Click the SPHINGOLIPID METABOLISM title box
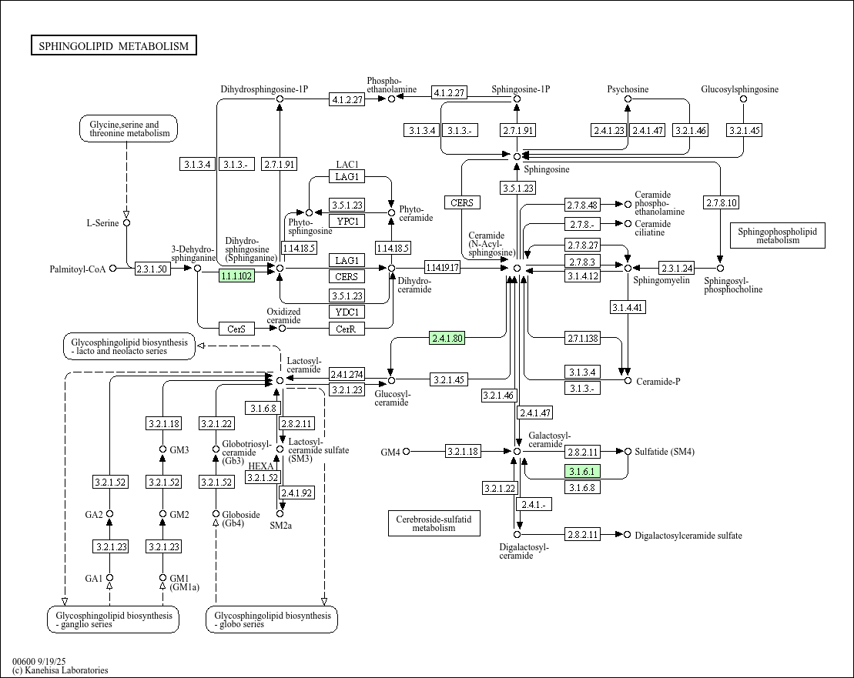coord(113,46)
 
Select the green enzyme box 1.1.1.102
coord(236,276)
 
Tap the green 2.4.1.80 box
coord(447,338)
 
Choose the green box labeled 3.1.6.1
coord(583,471)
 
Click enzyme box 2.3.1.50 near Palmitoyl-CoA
coord(152,269)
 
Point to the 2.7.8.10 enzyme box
coord(721,203)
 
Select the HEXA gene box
coord(262,466)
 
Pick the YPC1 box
coord(347,221)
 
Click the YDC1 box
coord(347,312)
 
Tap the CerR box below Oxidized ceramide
coord(347,329)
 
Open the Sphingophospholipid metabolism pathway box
coord(777,235)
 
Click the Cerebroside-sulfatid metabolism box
coord(434,523)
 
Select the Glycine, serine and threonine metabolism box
coord(129,129)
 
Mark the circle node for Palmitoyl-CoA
coord(113,269)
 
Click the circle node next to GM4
coord(407,452)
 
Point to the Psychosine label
coord(628,89)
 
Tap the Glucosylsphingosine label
coord(739,89)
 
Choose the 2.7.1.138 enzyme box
coord(583,339)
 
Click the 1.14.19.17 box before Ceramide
coord(442,268)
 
